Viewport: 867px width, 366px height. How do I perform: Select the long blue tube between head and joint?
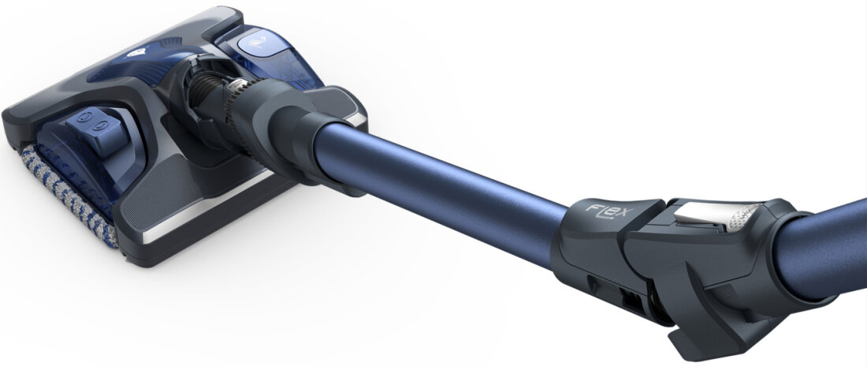click(441, 182)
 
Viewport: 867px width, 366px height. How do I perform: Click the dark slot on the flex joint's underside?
click(631, 300)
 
